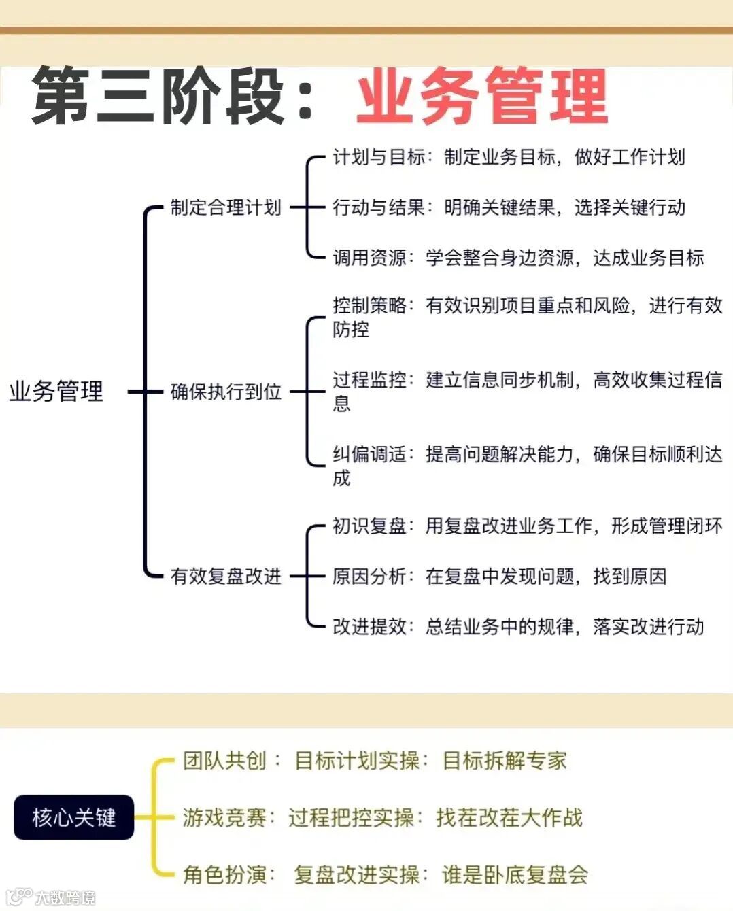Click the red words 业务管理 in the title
pos(481,97)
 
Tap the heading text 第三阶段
pos(158,97)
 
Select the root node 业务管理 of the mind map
pos(56,392)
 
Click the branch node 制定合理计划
pos(226,207)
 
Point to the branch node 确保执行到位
pos(226,392)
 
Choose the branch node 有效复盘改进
pos(226,577)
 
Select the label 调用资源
pos(369,258)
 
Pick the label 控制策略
pos(369,306)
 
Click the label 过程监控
pos(369,380)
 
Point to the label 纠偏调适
pos(369,454)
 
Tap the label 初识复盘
pos(369,526)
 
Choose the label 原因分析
pos(369,577)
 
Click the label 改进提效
pos(369,626)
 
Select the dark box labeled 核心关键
pos(73,817)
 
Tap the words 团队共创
pos(224,760)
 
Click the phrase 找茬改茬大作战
pos(509,817)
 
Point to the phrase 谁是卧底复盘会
pos(515,874)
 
